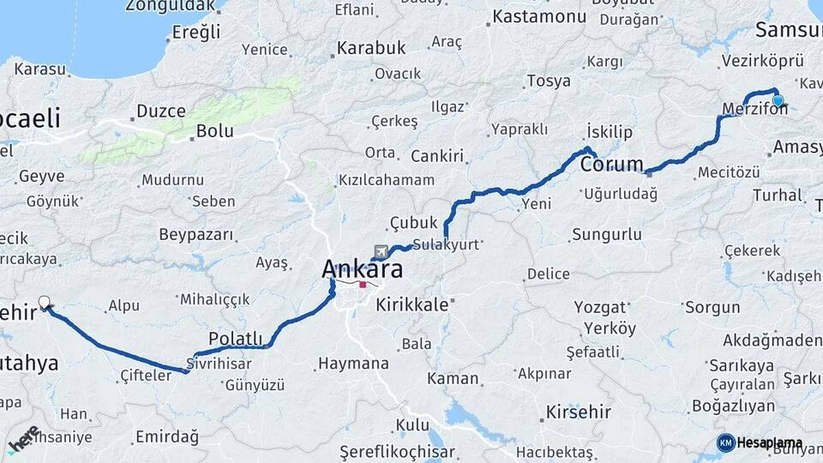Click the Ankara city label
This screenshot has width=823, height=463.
362,268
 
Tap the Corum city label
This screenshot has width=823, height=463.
612,164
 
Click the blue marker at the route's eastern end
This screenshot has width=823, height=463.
778,101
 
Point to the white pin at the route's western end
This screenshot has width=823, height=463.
45,302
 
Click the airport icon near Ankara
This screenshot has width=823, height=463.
380,251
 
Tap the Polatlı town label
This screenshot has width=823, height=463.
236,339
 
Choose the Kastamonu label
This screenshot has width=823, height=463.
539,16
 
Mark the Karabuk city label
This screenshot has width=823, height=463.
370,48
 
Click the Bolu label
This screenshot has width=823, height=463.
214,131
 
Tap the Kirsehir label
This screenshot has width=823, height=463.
578,412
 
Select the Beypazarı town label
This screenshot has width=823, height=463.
196,234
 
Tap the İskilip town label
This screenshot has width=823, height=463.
609,131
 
